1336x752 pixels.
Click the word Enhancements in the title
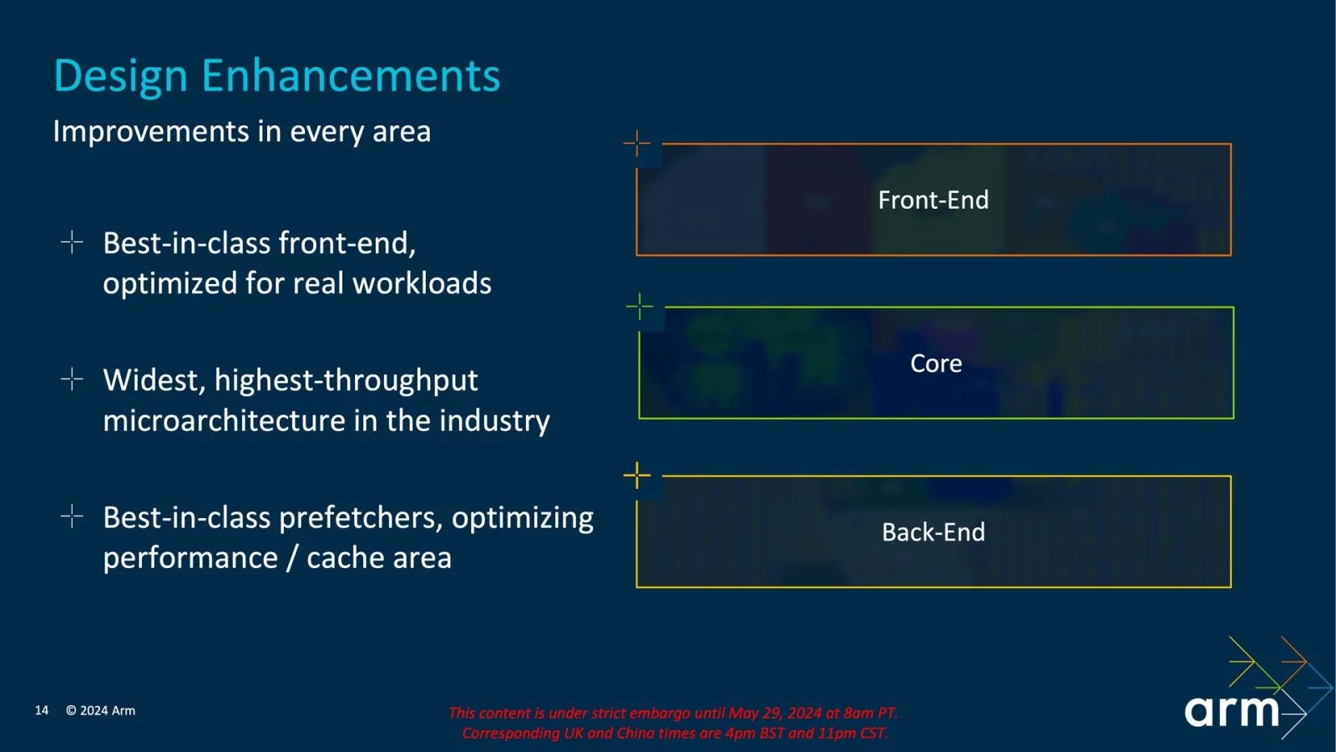coord(351,76)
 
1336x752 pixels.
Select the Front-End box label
coord(933,201)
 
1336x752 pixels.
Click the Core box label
coord(935,363)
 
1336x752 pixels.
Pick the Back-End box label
coord(933,532)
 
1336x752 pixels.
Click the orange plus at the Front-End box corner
coord(637,143)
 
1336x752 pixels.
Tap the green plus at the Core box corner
coord(640,307)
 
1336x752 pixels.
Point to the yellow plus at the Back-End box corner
coord(637,475)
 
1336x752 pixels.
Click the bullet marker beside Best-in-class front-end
coord(73,242)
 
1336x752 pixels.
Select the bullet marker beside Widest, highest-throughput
coord(73,379)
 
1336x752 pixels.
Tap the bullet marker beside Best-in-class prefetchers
coord(73,516)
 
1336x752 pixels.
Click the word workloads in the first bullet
coord(422,283)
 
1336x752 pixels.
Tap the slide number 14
coord(42,710)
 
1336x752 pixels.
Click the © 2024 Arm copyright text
coord(100,710)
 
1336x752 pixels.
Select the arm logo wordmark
coord(1232,710)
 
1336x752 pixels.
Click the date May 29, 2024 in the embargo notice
coord(775,713)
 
